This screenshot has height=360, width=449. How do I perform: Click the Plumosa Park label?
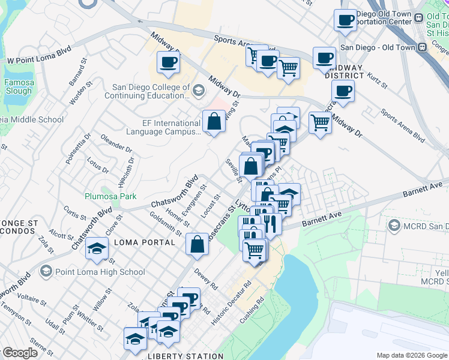(x=110, y=196)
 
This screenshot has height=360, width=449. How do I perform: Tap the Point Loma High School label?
(x=100, y=272)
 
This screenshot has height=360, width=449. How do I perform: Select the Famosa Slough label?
(x=18, y=87)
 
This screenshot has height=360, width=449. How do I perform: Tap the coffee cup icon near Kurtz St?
(x=343, y=92)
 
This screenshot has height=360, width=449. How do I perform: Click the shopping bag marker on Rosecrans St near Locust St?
(x=197, y=244)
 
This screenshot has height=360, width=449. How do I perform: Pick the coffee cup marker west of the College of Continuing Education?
(x=168, y=62)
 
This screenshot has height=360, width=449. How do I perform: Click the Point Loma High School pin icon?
(x=46, y=272)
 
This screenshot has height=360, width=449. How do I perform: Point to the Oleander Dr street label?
(x=116, y=143)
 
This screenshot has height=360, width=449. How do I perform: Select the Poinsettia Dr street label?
(x=79, y=148)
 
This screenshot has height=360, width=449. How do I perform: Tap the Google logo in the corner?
(x=20, y=353)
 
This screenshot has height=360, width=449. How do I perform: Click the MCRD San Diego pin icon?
(x=394, y=225)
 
